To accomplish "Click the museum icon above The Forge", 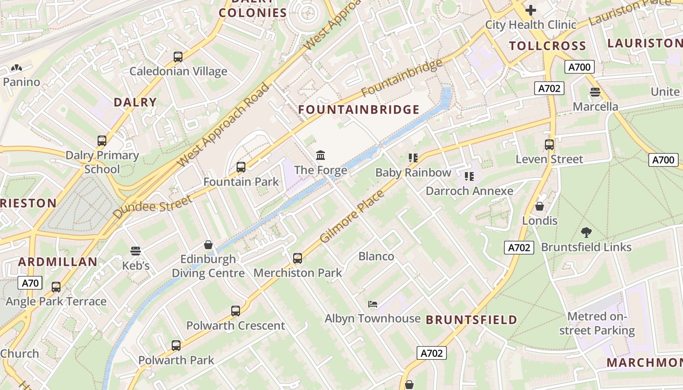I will tap(321, 156).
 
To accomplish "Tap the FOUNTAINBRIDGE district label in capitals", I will tap(359, 110).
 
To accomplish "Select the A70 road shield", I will tap(30, 283).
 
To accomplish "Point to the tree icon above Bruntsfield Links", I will tap(586, 233).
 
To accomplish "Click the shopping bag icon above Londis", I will tap(540, 206).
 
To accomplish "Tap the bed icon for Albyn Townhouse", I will tap(373, 304).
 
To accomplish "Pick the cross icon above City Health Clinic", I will tap(530, 10).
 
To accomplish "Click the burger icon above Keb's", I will tap(136, 251).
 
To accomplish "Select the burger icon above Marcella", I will tap(595, 92).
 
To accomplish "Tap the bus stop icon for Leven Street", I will tap(549, 145).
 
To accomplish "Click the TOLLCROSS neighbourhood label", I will tap(547, 46).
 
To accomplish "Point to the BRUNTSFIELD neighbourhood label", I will tap(471, 320).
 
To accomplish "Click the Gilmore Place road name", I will tap(352, 216).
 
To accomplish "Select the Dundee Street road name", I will tap(153, 207).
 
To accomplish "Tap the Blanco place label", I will tap(376, 256).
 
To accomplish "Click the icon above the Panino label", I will tap(16, 68).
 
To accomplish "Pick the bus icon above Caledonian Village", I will tap(178, 57).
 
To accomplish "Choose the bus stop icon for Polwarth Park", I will tap(176, 346).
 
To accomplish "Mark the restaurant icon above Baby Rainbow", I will tap(413, 157).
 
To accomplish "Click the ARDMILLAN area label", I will tap(58, 262).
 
